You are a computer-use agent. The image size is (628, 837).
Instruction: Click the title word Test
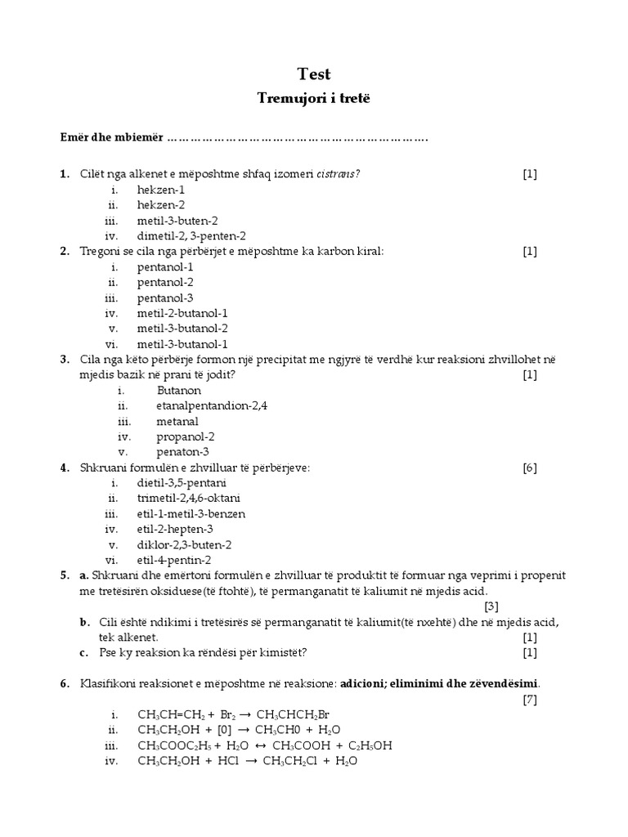[x=314, y=74]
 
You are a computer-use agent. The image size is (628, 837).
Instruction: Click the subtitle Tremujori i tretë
[x=314, y=98]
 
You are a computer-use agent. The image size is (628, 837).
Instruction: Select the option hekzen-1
[x=161, y=190]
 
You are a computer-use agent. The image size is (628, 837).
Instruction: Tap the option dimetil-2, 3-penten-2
[x=191, y=236]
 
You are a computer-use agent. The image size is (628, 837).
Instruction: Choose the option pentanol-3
[x=165, y=298]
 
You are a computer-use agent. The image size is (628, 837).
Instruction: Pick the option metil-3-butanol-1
[x=182, y=344]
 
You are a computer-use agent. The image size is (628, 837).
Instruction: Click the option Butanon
[x=179, y=391]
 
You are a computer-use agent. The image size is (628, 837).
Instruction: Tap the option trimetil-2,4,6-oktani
[x=189, y=498]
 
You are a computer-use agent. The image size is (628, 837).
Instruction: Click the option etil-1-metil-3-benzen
[x=191, y=514]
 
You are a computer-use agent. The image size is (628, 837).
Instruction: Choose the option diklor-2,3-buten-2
[x=184, y=544]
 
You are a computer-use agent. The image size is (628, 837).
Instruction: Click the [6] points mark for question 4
[x=530, y=468]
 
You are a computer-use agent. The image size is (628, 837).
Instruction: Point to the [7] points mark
[x=530, y=699]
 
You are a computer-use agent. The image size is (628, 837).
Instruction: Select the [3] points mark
[x=491, y=606]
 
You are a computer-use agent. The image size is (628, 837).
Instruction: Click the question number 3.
[x=64, y=360]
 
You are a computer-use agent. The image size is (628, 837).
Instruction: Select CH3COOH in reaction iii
[x=303, y=745]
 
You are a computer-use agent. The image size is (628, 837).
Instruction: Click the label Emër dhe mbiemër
[x=111, y=137]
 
